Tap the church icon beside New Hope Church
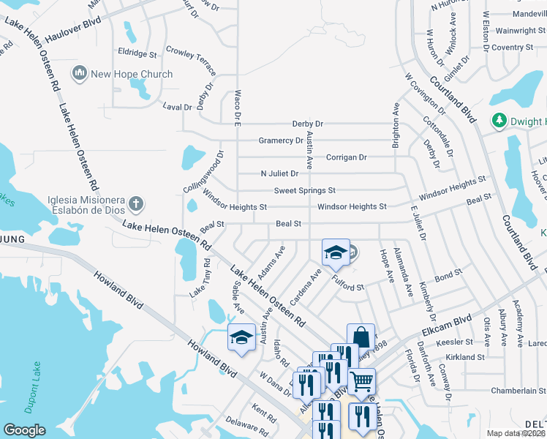pyautogui.click(x=79, y=73)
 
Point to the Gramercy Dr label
pyautogui.click(x=280, y=140)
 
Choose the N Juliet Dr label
pyautogui.click(x=279, y=174)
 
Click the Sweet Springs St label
pyautogui.click(x=304, y=191)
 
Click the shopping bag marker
pyautogui.click(x=361, y=337)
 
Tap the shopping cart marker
pyautogui.click(x=361, y=381)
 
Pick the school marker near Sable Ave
pyautogui.click(x=242, y=337)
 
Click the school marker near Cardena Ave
pyautogui.click(x=336, y=254)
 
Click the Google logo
pyautogui.click(x=24, y=430)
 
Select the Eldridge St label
pyautogui.click(x=137, y=54)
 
